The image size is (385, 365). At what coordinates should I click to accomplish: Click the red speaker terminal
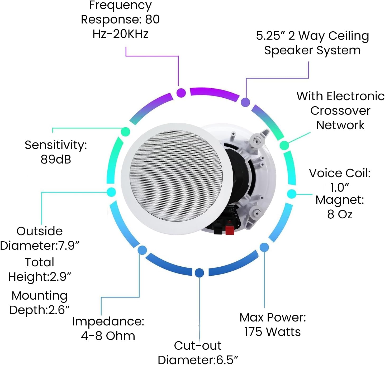point(230,230)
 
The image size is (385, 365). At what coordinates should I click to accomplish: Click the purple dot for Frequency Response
point(181,93)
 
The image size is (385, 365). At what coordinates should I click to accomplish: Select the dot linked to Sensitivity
point(126,131)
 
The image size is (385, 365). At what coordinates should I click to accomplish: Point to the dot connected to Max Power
point(264,247)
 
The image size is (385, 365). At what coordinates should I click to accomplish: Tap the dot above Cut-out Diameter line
point(199,272)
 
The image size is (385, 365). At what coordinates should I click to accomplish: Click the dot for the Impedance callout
point(142,250)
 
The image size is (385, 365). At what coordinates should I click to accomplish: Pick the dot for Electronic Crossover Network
point(284,145)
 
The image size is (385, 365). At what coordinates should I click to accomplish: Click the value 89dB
point(56,159)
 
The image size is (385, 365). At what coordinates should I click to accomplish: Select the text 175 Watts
point(272,332)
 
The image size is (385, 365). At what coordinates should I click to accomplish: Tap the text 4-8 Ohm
point(108,336)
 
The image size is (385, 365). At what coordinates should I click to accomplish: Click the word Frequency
point(120,5)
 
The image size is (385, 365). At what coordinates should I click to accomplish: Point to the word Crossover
point(340,111)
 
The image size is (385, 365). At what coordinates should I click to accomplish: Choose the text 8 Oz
point(340,214)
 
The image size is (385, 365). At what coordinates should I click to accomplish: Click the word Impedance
point(108,321)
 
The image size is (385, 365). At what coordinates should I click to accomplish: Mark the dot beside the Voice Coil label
point(292,194)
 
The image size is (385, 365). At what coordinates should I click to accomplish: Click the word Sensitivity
point(56,145)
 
